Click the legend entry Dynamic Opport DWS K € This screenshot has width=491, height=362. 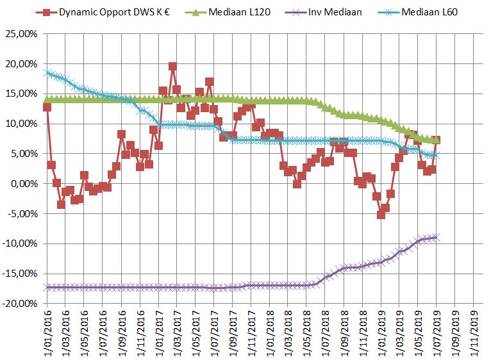click(x=109, y=12)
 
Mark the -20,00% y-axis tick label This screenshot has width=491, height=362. click(x=21, y=304)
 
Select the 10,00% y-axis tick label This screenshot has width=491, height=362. click(x=22, y=124)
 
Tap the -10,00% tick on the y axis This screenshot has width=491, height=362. click(x=21, y=244)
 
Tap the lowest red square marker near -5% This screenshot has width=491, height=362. click(x=381, y=215)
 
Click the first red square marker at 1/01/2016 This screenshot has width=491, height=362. click(x=47, y=107)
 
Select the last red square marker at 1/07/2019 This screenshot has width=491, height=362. click(x=436, y=140)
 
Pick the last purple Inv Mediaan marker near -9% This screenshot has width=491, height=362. click(x=437, y=237)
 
